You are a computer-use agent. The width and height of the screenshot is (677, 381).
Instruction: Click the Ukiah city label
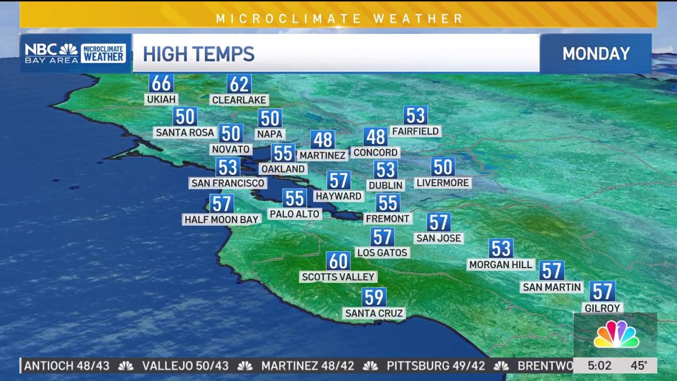point(161,99)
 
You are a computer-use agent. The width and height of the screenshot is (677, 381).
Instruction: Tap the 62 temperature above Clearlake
point(239,85)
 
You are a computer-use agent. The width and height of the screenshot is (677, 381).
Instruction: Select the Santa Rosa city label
point(185,133)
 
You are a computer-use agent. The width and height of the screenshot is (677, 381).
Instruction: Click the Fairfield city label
point(415,132)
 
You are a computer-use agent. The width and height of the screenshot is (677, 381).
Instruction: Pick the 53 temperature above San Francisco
point(228,168)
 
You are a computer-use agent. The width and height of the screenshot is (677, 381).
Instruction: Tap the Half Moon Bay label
point(221,219)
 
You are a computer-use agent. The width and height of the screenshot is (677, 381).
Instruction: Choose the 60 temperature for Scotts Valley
point(338,261)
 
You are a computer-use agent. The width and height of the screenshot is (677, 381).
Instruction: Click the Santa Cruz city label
point(374,313)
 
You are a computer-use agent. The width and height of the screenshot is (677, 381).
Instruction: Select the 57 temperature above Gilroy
point(603,292)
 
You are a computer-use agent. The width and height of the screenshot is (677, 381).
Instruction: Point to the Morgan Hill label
point(501,264)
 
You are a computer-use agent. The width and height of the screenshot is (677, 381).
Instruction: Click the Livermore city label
point(443,183)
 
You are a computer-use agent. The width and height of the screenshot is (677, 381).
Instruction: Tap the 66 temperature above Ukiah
point(161,84)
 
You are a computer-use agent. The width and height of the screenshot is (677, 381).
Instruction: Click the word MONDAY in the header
point(596,54)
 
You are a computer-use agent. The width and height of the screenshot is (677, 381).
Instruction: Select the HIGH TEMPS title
point(199,54)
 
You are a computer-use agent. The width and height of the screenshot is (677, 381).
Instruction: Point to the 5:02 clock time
point(599,366)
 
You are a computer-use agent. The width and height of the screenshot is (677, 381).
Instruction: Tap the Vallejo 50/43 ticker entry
point(185,366)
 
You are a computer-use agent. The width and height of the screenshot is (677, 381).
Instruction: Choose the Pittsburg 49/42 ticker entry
point(436,366)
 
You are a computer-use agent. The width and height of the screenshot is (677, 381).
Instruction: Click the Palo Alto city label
point(294,214)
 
